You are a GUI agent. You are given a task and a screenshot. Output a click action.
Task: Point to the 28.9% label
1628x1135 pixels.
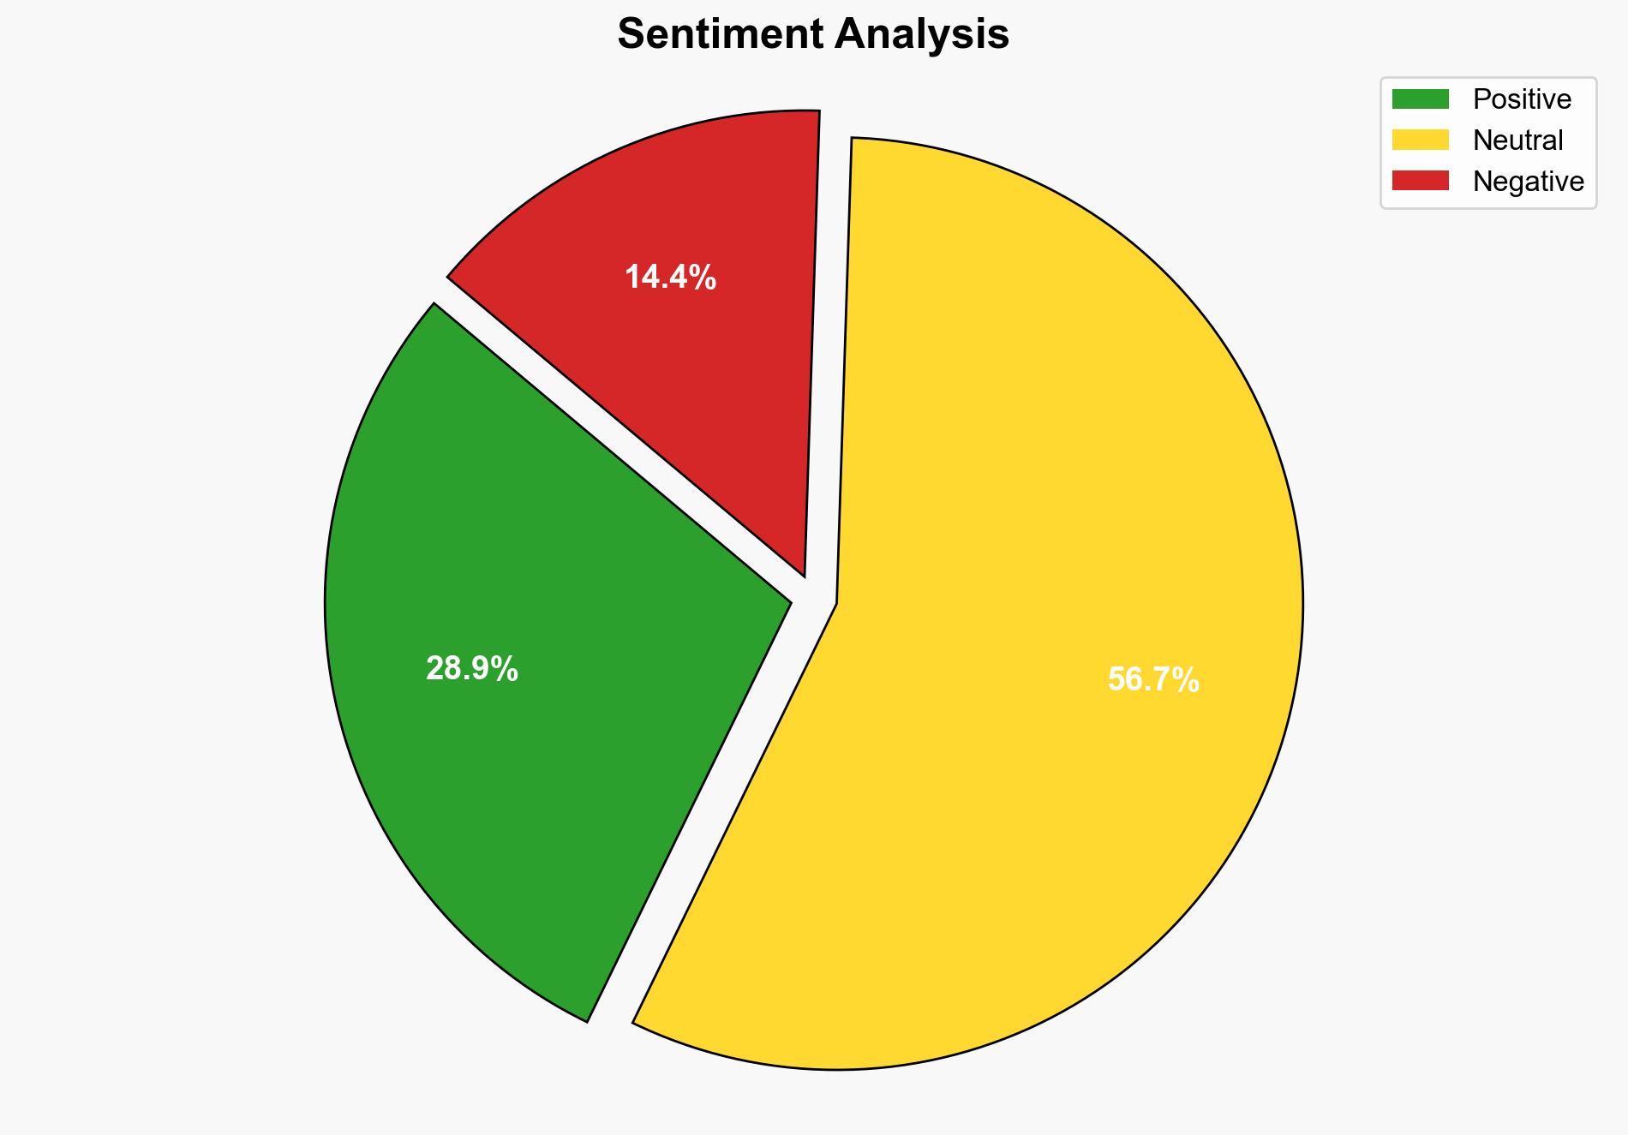pos(472,669)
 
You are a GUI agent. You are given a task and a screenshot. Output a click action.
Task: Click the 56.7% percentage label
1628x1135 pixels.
pos(1153,680)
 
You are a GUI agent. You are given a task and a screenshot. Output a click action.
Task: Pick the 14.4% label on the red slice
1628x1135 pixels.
pos(670,278)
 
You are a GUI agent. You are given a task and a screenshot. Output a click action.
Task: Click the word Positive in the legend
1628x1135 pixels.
pos(1522,99)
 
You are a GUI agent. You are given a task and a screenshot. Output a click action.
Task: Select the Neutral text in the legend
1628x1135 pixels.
pos(1517,140)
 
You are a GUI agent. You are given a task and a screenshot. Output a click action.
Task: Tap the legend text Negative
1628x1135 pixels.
pos(1528,182)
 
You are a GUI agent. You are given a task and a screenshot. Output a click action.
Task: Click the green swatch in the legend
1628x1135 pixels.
pos(1420,99)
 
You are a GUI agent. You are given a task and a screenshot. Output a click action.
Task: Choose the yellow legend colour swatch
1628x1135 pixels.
pos(1420,140)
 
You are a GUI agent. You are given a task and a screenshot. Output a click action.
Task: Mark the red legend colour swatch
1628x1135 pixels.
pos(1420,181)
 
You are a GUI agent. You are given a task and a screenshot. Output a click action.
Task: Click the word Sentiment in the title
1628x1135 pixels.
pos(721,35)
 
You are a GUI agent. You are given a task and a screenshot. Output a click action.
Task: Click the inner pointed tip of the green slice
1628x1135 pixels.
pos(788,602)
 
